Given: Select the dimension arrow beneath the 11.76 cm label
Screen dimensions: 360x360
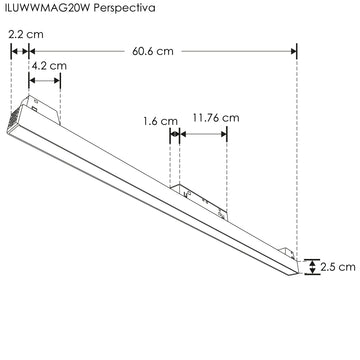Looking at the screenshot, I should (202, 132).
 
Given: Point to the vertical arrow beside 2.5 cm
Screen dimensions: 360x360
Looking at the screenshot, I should (312, 267).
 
